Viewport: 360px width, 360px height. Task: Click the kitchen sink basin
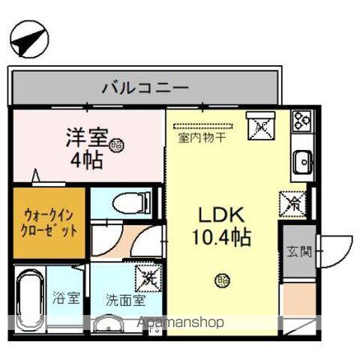[x=303, y=160]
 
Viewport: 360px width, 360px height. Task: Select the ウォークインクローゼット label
[x=48, y=223]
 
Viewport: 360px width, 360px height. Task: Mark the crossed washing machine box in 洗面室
[x=146, y=278]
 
